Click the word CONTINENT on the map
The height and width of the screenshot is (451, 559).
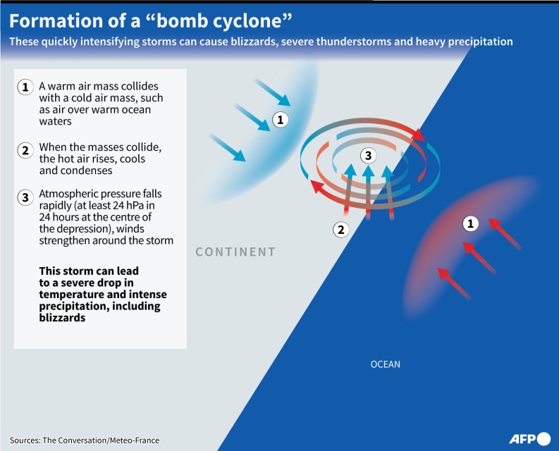[235, 252]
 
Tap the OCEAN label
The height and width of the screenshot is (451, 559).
[386, 364]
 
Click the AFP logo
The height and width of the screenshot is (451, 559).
[530, 438]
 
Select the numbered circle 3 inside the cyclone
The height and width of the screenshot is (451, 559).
[368, 156]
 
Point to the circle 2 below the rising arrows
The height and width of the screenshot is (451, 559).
[341, 230]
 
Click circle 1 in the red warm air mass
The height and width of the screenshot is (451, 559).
[471, 223]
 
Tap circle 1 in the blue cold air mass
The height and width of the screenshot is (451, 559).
[281, 120]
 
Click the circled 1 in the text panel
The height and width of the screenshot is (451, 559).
[25, 87]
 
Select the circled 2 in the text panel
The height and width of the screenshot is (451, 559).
[25, 151]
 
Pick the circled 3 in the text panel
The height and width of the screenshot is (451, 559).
[25, 197]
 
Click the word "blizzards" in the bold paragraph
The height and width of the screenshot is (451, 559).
[63, 318]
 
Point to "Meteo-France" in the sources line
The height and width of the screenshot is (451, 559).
[135, 440]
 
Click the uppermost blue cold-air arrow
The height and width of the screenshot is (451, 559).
[273, 92]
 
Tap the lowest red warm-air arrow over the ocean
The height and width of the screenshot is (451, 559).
[454, 283]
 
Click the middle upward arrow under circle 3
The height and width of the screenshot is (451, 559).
[368, 192]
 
